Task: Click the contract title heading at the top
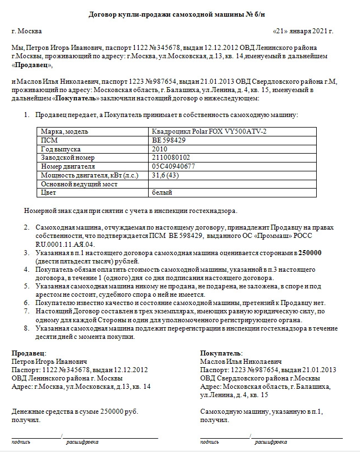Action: pyautogui.click(x=180, y=13)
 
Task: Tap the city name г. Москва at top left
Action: pyautogui.click(x=26, y=31)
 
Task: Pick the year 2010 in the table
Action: pyautogui.click(x=159, y=149)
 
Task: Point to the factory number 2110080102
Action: pyautogui.click(x=170, y=158)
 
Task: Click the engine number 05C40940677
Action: pyautogui.click(x=173, y=166)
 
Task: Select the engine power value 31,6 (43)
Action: pyautogui.click(x=165, y=175)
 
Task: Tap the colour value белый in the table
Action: pyautogui.click(x=162, y=192)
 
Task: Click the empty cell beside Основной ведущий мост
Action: pyautogui.click(x=233, y=184)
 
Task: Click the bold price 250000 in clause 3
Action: pyautogui.click(x=311, y=252)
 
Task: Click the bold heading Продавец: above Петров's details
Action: pyautogui.click(x=29, y=353)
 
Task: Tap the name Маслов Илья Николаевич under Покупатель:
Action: pyautogui.click(x=241, y=362)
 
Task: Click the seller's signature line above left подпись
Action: pyautogui.click(x=36, y=437)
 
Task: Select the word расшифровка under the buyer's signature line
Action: pyautogui.click(x=271, y=443)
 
